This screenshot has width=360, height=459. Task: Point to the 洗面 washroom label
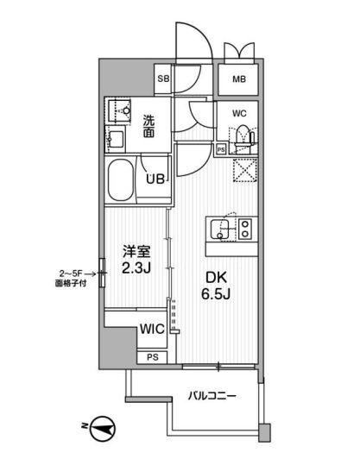coord(149,127)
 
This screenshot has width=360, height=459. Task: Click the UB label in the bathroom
coord(155,179)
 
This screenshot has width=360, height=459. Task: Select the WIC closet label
coord(152,328)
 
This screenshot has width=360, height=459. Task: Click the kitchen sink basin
coord(221,229)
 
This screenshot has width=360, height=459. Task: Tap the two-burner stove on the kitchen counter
coord(243,229)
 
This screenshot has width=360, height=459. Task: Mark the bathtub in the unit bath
coord(126,179)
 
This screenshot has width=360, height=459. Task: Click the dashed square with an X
coord(244,169)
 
